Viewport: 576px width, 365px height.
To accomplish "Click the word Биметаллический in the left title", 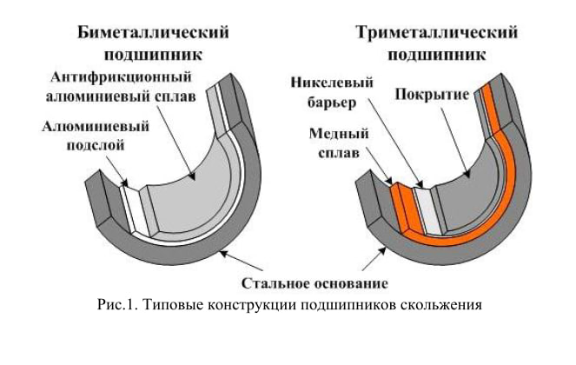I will (154, 33).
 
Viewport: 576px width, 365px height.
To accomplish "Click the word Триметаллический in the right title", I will (436, 33).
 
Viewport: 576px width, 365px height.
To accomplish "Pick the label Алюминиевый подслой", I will (95, 136).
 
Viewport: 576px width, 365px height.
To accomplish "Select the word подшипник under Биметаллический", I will (154, 53).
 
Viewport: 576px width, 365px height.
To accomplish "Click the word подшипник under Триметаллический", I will (436, 53).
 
